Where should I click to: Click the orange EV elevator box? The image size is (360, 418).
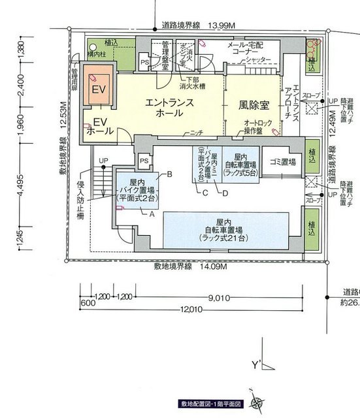98,88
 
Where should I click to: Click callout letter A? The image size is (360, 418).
152,214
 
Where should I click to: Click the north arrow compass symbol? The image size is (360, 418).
260,404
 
